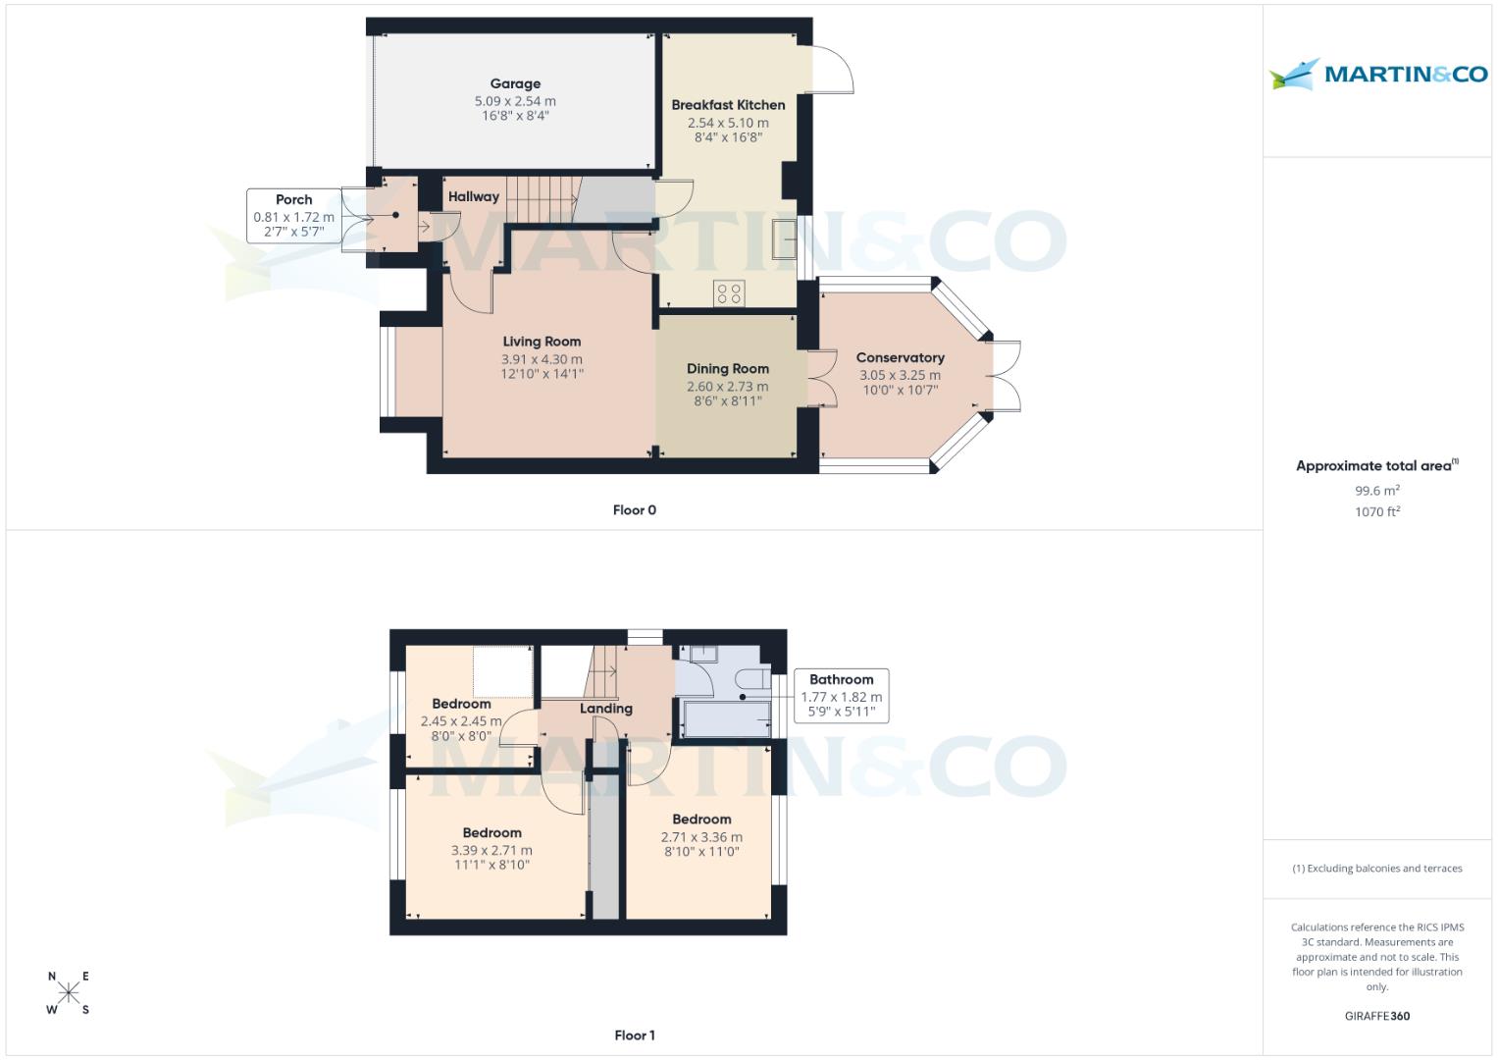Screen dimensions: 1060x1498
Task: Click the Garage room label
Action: [x=515, y=84]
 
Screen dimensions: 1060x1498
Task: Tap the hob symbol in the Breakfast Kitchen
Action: [x=729, y=292]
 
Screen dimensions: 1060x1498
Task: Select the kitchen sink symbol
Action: [x=785, y=240]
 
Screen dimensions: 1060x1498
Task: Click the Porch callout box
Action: [x=293, y=216]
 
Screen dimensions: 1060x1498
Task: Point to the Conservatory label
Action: [x=900, y=358]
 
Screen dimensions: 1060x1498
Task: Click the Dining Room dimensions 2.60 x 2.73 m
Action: [x=727, y=387]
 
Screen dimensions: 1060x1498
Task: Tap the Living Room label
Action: [x=542, y=342]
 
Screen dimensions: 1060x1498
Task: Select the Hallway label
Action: [x=473, y=196]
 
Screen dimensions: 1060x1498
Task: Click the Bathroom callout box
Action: [x=841, y=696]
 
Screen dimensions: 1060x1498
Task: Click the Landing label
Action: [x=605, y=709]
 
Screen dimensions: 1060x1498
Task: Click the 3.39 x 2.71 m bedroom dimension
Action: [x=491, y=851]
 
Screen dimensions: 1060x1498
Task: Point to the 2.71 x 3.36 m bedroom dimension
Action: [x=701, y=837]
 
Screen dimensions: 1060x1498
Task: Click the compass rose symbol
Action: [x=69, y=992]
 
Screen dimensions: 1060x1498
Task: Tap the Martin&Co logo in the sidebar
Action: [x=1378, y=74]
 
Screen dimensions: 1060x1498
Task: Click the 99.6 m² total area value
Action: [x=1376, y=491]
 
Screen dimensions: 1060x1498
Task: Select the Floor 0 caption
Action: [x=634, y=510]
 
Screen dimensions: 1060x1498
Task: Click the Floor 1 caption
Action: [x=634, y=1035]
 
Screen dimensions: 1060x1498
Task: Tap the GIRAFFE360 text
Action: [x=1376, y=1016]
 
